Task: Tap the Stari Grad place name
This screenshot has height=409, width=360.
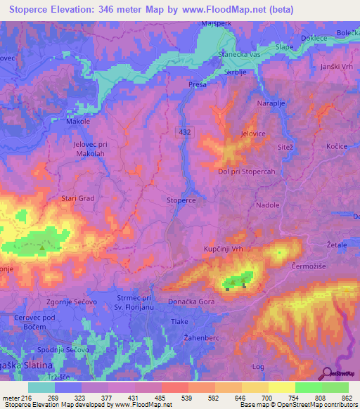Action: point(77,198)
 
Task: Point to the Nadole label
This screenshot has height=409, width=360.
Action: point(268,205)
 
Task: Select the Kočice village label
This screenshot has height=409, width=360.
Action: point(337,145)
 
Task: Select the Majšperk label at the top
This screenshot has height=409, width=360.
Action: point(217,22)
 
